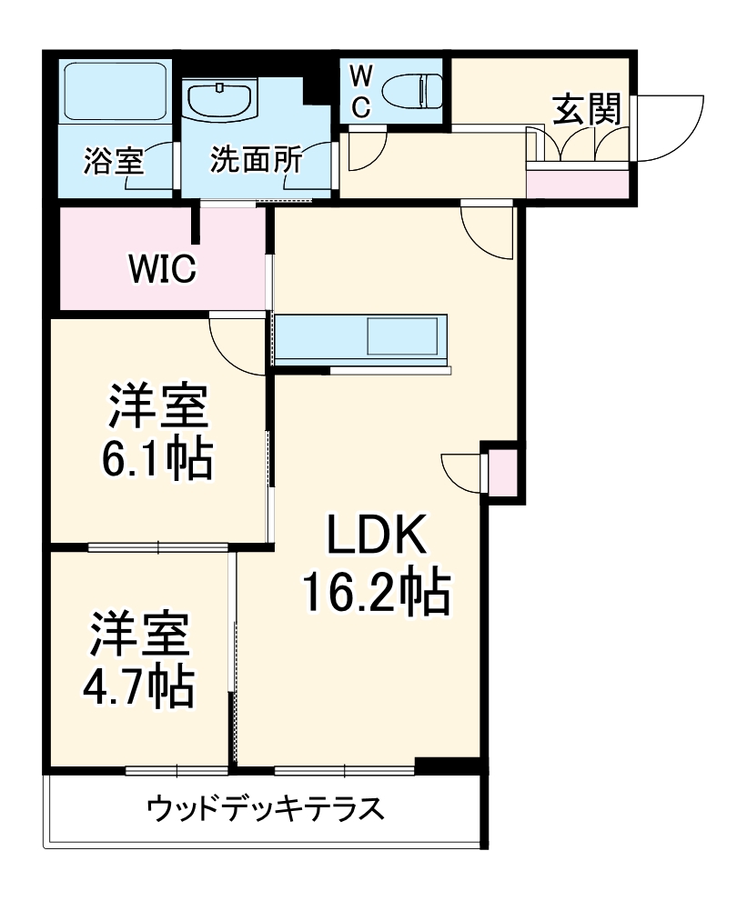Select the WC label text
[x=361, y=92]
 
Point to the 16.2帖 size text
[x=376, y=593]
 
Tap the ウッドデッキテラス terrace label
[x=264, y=808]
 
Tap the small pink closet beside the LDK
[x=503, y=470]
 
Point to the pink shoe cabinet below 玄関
[x=578, y=184]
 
